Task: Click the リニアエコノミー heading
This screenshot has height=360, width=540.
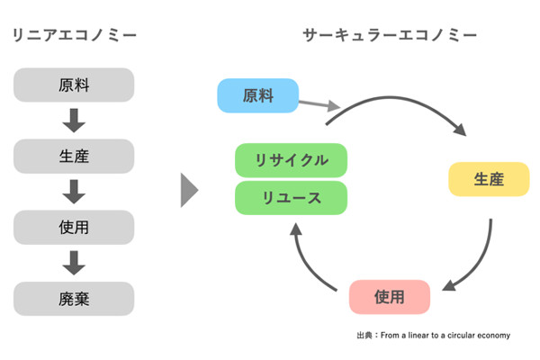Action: (x=75, y=35)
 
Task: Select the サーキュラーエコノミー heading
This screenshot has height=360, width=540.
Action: (x=390, y=35)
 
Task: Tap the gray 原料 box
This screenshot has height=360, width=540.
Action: (x=74, y=85)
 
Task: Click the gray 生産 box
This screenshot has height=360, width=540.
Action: (x=74, y=156)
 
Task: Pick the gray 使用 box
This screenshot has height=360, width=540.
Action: (x=74, y=228)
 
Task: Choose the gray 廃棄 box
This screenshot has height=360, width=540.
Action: (x=74, y=299)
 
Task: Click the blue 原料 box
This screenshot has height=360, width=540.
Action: (x=258, y=95)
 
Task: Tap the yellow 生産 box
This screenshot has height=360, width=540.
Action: (x=489, y=179)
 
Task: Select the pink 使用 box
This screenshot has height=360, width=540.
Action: (x=390, y=297)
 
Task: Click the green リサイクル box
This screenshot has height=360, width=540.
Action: (x=291, y=160)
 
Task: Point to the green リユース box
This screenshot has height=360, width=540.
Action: (x=291, y=198)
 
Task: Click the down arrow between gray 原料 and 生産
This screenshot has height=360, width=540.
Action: (x=74, y=121)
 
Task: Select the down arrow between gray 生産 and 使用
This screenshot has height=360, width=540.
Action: (x=74, y=192)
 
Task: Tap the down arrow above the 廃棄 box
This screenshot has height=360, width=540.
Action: (x=74, y=263)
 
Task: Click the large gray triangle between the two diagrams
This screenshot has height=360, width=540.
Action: (x=189, y=190)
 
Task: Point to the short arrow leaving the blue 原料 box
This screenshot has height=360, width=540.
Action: (x=319, y=104)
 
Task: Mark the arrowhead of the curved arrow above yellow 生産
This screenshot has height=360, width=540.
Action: (x=461, y=130)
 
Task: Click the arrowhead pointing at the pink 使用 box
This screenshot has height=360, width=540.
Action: (x=449, y=285)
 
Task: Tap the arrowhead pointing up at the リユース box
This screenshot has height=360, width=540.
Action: (x=296, y=229)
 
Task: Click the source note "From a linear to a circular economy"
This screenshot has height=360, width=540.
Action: (x=445, y=335)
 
